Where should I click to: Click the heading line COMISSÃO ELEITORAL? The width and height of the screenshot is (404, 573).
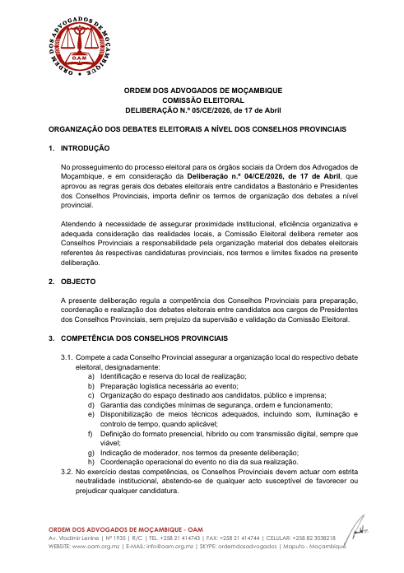pos(202,99)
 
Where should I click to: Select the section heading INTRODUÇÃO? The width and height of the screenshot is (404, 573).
pos(86,148)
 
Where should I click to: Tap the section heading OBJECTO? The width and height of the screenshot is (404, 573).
pos(79,282)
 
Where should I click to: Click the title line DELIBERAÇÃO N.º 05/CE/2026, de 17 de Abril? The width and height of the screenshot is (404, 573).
pos(202,109)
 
